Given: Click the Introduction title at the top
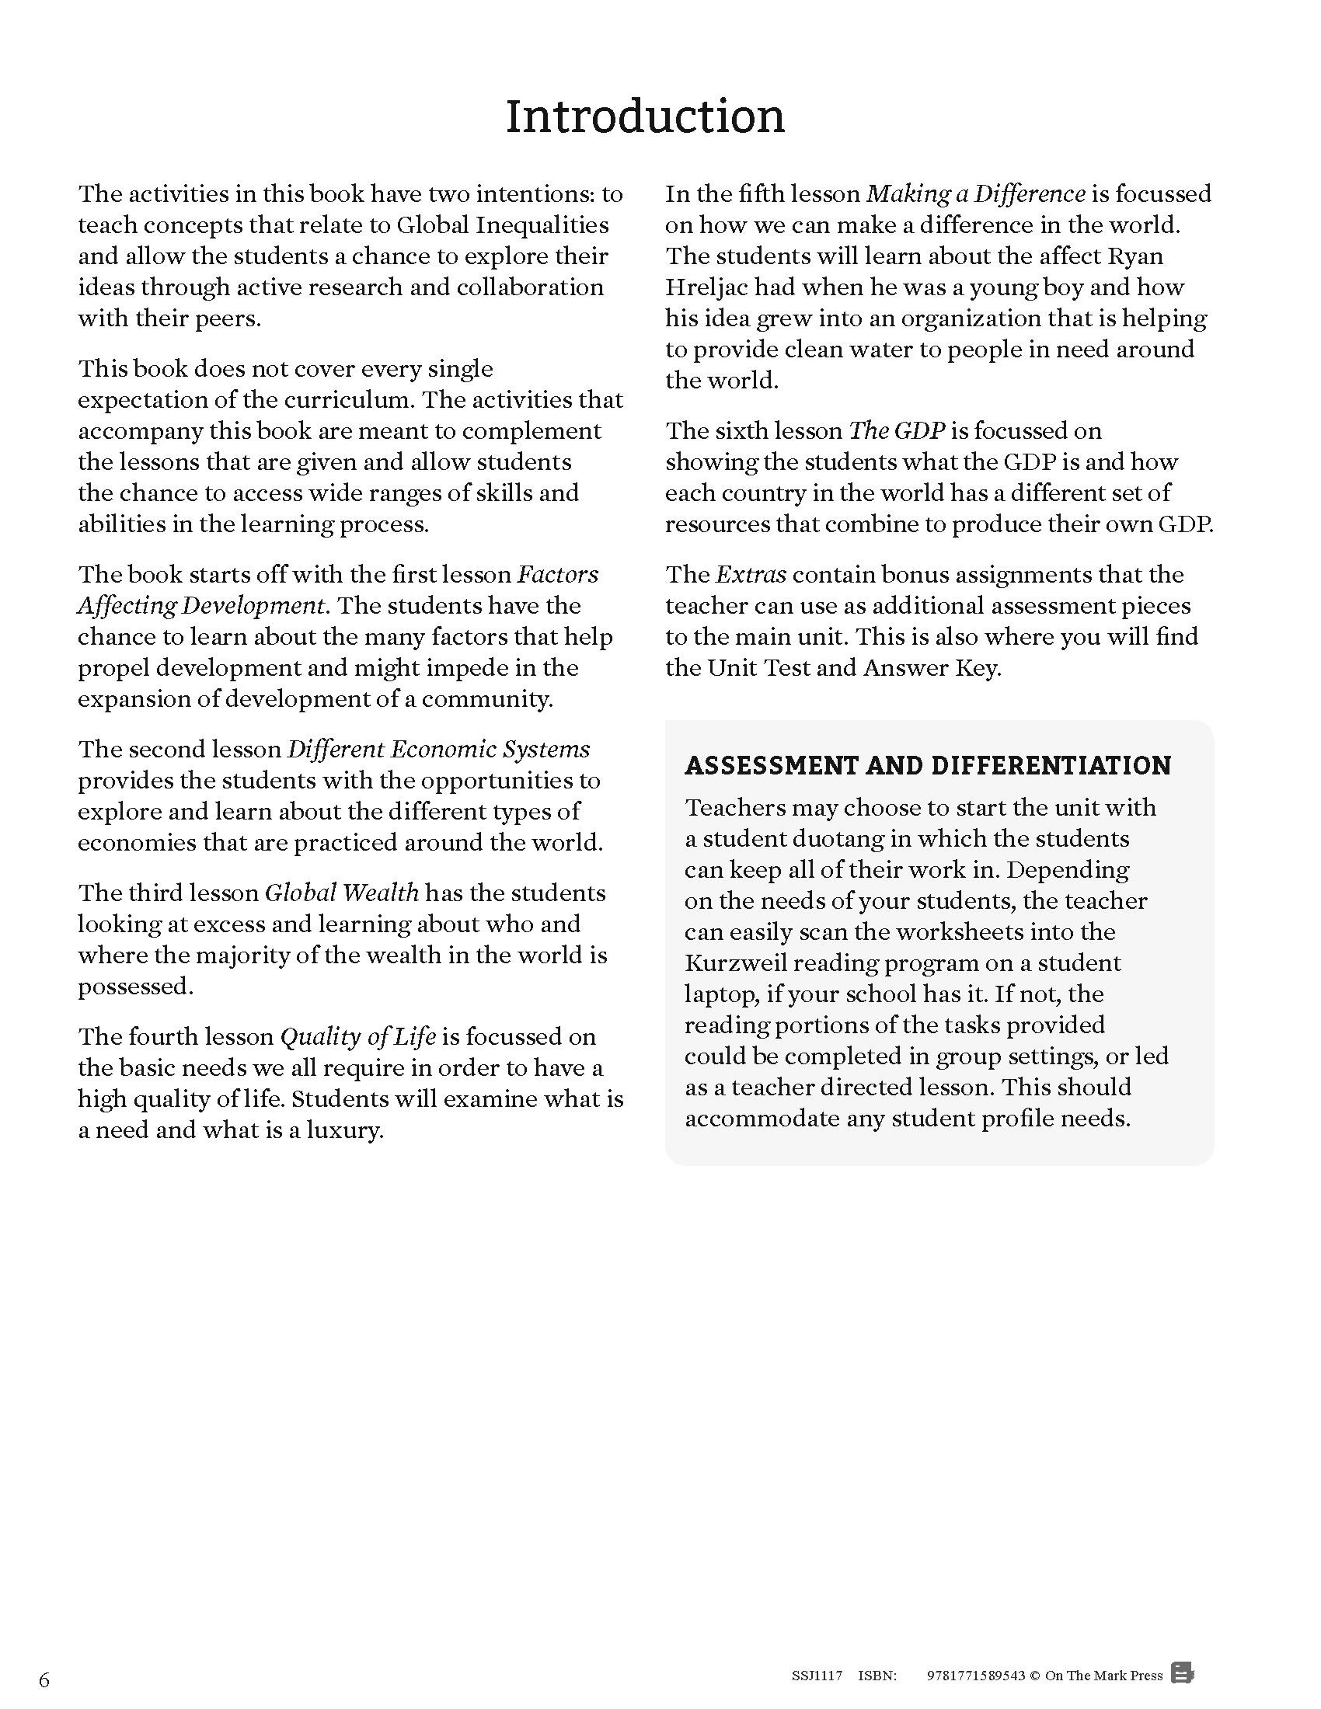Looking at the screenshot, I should point(644,117).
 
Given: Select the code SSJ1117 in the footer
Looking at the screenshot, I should point(816,1676).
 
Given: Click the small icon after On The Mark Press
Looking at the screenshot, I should point(1183,1674).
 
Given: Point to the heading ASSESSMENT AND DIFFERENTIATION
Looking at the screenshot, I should point(927,765).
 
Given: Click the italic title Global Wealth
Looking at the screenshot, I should point(341,893).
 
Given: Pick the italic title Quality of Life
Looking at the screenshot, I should point(357,1037).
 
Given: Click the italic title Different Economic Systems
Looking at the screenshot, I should point(438,750).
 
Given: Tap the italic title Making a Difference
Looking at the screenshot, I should point(976,194).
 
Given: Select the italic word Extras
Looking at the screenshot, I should point(750,574).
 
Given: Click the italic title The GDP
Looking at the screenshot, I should point(897,431).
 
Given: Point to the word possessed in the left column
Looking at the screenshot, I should point(134,987).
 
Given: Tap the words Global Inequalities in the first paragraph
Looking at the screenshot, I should point(503,225).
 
